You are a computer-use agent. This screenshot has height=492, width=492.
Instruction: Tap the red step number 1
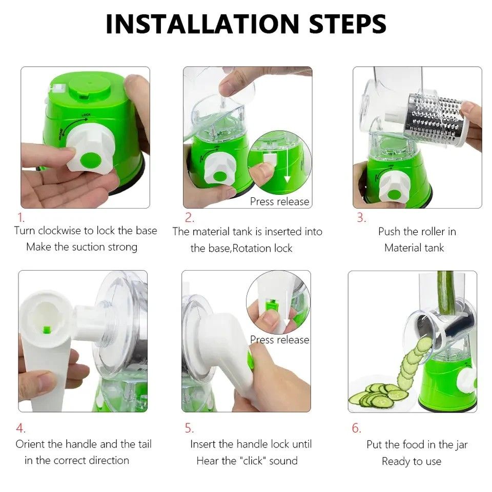[20, 217]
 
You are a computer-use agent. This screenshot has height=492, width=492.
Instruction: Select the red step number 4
[20, 428]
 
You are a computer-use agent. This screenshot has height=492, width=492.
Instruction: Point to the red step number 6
[357, 428]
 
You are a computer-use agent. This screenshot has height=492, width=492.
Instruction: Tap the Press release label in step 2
[279, 201]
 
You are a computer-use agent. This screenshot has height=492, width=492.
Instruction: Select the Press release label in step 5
[279, 339]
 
